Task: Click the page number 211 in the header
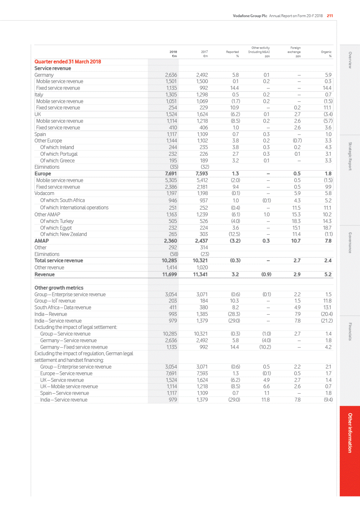(330, 16)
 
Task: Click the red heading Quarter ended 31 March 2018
(67, 62)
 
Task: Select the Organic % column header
(326, 54)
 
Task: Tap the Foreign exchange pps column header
(295, 52)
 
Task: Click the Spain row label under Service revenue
(40, 134)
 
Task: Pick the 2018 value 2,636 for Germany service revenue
(171, 75)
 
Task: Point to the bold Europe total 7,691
(170, 174)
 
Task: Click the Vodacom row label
(44, 193)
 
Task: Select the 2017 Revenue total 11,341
(200, 274)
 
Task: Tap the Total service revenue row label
(59, 261)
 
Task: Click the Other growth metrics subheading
(59, 288)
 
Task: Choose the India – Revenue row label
(51, 314)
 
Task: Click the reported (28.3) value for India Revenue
(234, 314)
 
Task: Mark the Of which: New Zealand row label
(64, 234)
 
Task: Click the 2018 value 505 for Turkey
(173, 221)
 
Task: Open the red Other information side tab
(350, 433)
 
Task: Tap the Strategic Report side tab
(350, 156)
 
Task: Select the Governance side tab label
(350, 243)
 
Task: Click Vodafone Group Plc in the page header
(250, 16)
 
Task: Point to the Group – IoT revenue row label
(55, 301)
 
